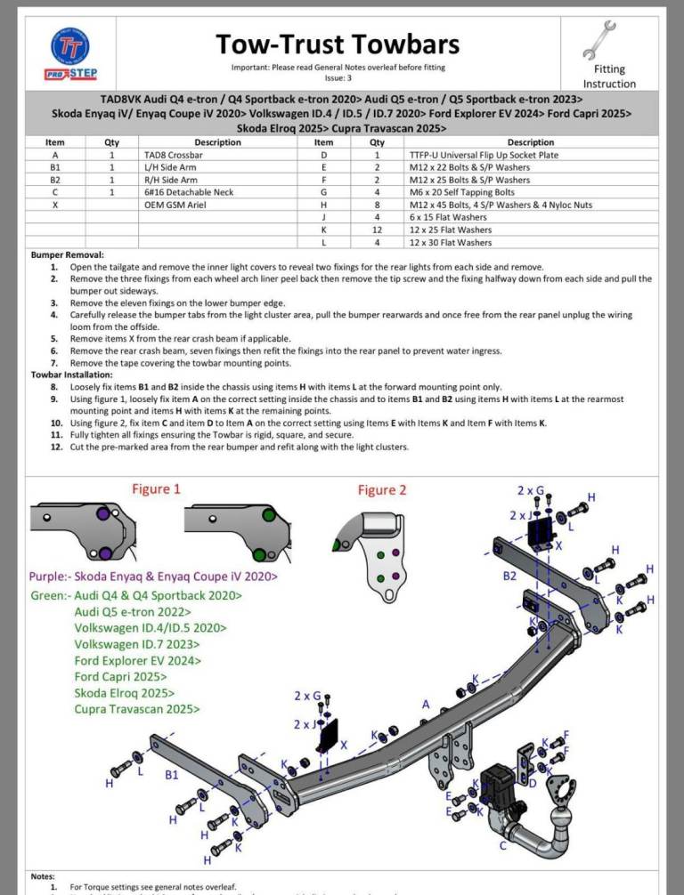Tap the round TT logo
pyautogui.click(x=71, y=44)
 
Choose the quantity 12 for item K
pyautogui.click(x=377, y=230)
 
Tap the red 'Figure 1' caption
pyautogui.click(x=156, y=488)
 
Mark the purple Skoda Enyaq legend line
pyautogui.click(x=152, y=577)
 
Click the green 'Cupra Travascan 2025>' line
pyautogui.click(x=137, y=709)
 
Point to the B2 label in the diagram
pyautogui.click(x=509, y=576)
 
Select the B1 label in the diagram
pyautogui.click(x=172, y=775)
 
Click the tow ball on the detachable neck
pyautogui.click(x=563, y=818)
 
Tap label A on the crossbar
pyautogui.click(x=426, y=704)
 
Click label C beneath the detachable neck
pyautogui.click(x=505, y=845)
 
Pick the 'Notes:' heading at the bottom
pyautogui.click(x=44, y=876)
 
